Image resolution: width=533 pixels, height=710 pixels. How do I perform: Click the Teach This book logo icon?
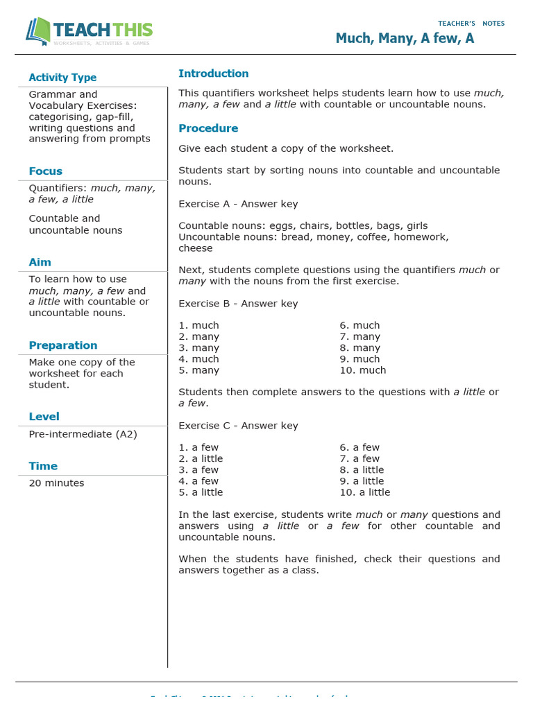tap(38, 31)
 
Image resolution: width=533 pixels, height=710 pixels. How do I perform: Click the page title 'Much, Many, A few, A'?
tap(405, 38)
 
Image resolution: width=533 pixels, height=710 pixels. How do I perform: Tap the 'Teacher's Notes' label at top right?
tap(471, 24)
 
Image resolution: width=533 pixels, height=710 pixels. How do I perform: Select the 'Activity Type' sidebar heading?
tap(62, 78)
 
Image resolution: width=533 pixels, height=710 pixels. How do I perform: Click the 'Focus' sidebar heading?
tap(46, 171)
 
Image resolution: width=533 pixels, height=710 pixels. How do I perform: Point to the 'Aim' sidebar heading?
tap(40, 262)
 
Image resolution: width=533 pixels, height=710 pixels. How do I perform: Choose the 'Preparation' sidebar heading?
tap(63, 345)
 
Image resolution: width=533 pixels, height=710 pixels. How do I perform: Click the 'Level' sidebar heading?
tap(44, 417)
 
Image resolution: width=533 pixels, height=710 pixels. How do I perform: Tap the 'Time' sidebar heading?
tap(43, 466)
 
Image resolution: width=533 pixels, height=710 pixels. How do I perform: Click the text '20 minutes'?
tap(56, 483)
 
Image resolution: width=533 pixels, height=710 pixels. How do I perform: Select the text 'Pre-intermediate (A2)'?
tap(83, 434)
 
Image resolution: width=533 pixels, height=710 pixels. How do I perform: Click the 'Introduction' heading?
tap(213, 73)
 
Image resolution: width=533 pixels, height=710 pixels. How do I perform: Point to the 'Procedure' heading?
tap(208, 128)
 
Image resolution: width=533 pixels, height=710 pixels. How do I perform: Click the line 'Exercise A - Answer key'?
tap(238, 204)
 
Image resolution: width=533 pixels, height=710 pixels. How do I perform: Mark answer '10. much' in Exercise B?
tap(362, 370)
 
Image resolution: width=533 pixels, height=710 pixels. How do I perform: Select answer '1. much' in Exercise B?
tap(198, 325)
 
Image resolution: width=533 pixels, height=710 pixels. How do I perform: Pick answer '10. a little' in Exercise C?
tap(364, 492)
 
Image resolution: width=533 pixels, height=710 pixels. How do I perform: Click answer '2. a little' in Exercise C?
tap(201, 458)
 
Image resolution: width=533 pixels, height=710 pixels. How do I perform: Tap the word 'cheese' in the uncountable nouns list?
tap(196, 248)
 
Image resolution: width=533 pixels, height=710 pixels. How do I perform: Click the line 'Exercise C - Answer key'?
tap(238, 426)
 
